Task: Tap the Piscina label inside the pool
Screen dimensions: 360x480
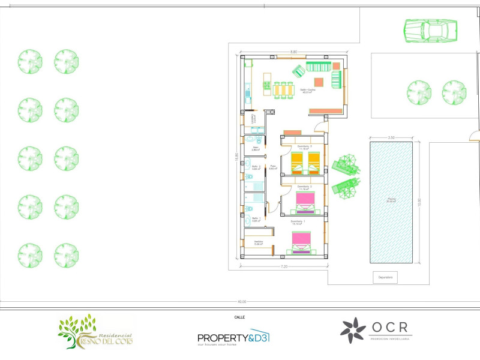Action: point(391,200)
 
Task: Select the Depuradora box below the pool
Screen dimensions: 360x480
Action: point(385,278)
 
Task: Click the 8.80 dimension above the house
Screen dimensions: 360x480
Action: point(294,52)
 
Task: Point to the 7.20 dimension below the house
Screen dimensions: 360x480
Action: point(285,266)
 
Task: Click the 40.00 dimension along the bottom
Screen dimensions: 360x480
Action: point(241,302)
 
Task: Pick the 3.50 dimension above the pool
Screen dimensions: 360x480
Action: point(391,138)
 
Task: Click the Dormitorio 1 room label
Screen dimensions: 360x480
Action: point(298,222)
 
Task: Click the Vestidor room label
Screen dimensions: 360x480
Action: point(259,243)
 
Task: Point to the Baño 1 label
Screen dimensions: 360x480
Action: point(255,219)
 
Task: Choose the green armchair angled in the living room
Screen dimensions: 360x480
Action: point(298,72)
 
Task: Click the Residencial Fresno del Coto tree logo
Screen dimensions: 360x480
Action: point(96,332)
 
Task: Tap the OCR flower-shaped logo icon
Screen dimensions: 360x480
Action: point(353,331)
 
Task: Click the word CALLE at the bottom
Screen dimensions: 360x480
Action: point(239,317)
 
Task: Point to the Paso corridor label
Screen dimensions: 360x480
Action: point(272,167)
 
